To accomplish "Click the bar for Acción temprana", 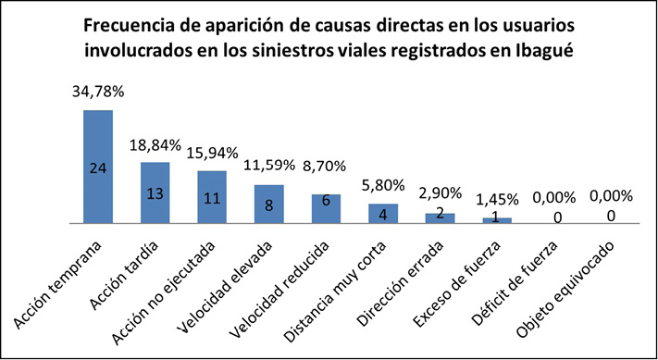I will (97, 167).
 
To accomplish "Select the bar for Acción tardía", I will (155, 192).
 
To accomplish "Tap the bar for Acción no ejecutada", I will (212, 197).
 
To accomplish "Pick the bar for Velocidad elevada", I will (268, 204).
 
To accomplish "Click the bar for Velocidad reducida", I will (326, 208).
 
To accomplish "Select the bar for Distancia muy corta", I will (383, 213).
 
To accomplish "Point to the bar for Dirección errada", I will (440, 217).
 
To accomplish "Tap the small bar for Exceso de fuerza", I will (497, 220).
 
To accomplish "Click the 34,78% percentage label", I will (98, 93).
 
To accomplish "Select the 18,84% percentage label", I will (155, 145).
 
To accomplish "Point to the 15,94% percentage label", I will (212, 153).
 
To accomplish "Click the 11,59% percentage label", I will (268, 167).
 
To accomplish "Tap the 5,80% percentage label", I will (383, 186).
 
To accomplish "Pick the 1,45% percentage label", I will (497, 200).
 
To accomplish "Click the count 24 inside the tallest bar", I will (97, 168).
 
